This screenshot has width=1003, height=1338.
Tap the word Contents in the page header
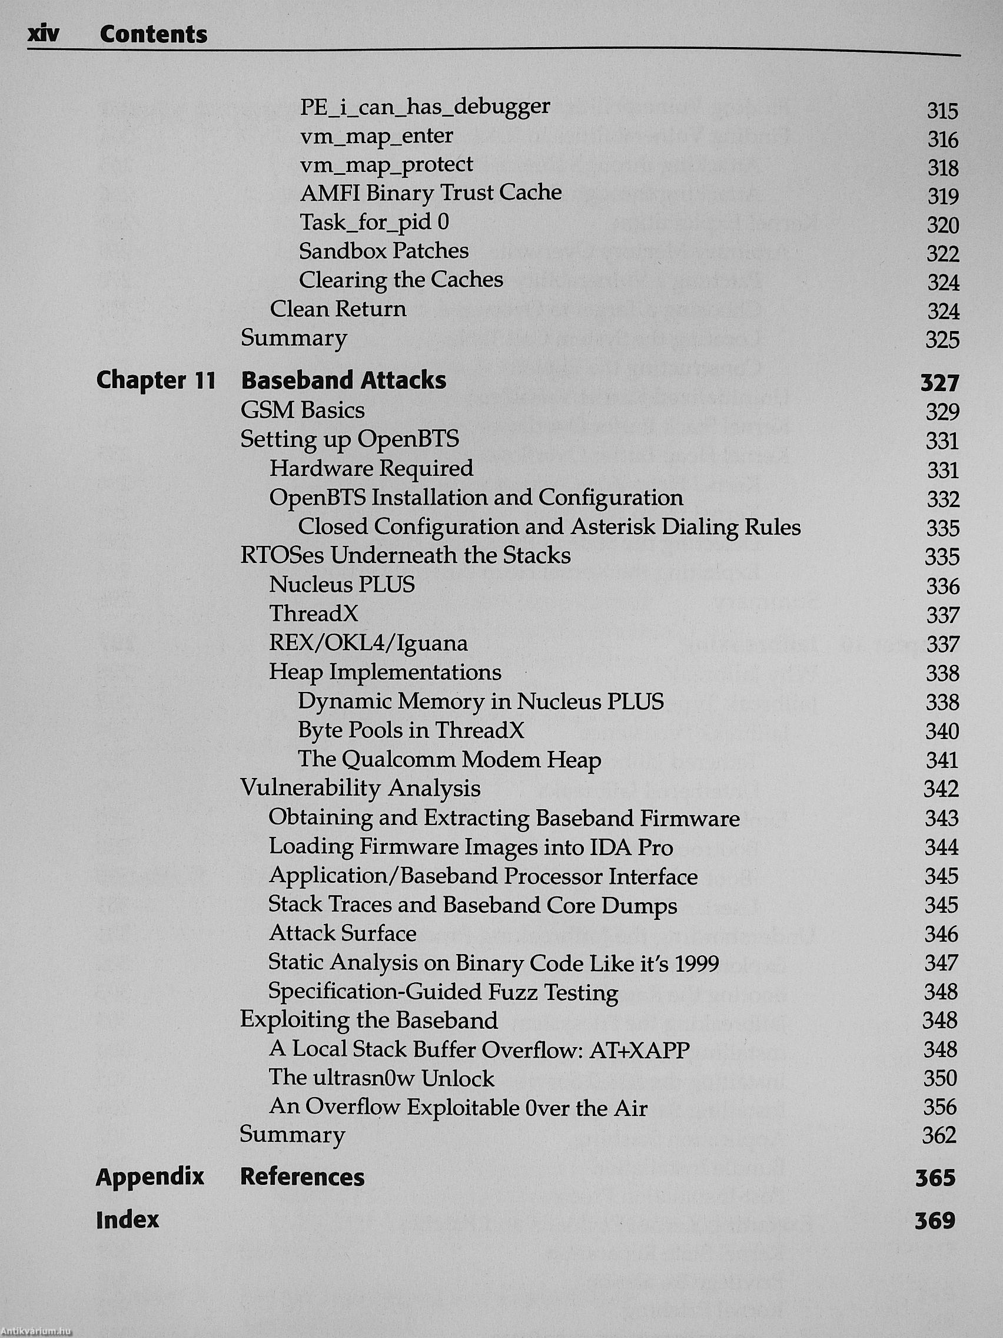(154, 35)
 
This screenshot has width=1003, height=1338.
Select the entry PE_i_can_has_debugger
(425, 107)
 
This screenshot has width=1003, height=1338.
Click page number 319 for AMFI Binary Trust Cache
(942, 197)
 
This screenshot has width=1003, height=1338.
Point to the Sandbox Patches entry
(384, 250)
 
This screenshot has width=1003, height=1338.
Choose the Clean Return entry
(338, 309)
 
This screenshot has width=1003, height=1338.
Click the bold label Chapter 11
(156, 380)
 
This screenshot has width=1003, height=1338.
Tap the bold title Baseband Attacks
(343, 380)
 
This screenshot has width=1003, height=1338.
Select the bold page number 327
(939, 383)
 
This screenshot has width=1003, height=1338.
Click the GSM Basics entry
(303, 410)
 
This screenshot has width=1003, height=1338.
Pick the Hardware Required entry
(371, 468)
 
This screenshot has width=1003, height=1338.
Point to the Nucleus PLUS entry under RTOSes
(342, 584)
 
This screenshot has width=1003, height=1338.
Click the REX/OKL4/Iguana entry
(368, 642)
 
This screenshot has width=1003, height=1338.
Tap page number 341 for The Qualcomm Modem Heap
(941, 760)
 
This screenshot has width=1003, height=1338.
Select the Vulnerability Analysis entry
(360, 788)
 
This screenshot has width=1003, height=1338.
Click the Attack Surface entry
(343, 933)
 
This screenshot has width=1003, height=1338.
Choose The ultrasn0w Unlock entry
(381, 1078)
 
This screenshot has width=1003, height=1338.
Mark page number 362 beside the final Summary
(939, 1135)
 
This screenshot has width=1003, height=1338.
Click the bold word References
(303, 1177)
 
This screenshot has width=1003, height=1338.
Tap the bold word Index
(128, 1219)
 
